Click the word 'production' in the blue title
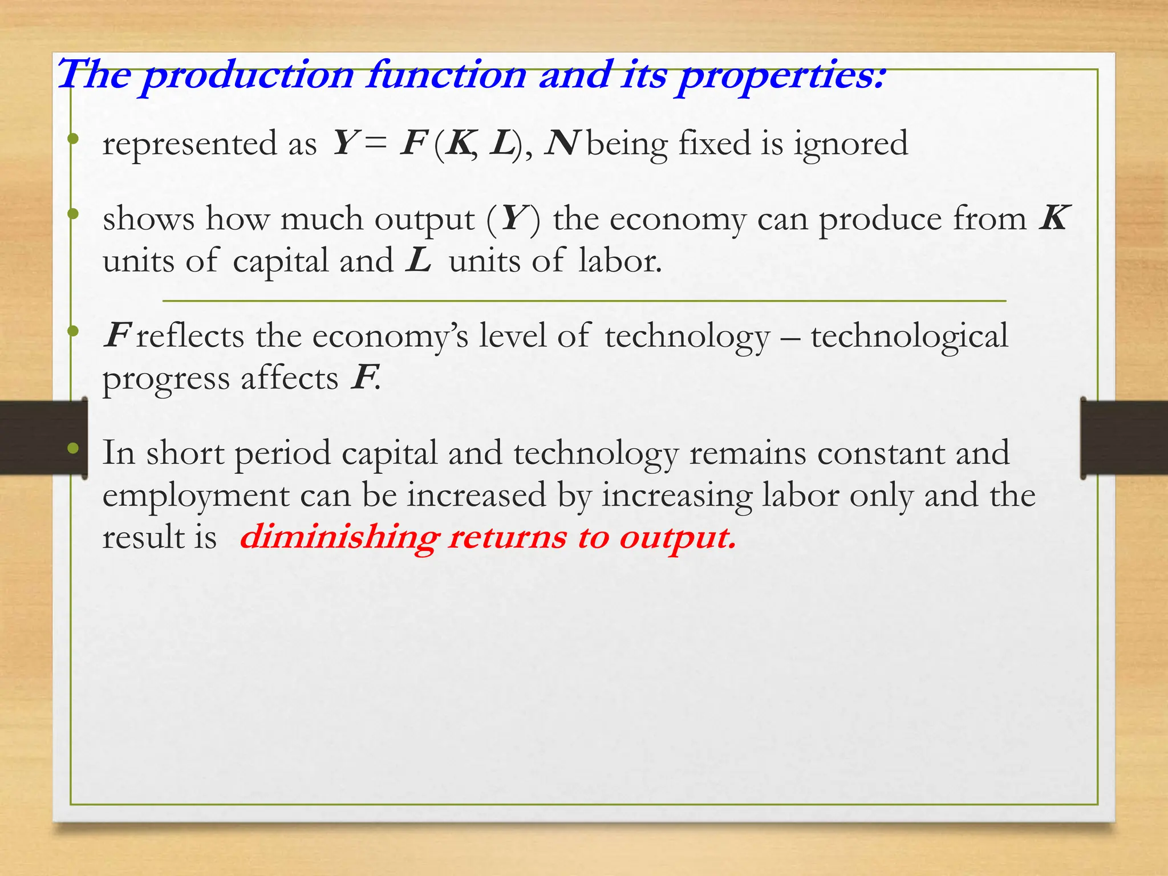pyautogui.click(x=248, y=76)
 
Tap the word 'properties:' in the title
pyautogui.click(x=782, y=76)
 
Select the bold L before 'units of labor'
pyautogui.click(x=419, y=261)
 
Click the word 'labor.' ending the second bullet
pyautogui.click(x=620, y=261)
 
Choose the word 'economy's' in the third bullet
pyautogui.click(x=390, y=336)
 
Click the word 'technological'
pyautogui.click(x=909, y=336)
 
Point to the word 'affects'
pyautogui.click(x=289, y=379)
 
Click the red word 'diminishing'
pyautogui.click(x=340, y=538)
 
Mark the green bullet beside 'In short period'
pyautogui.click(x=72, y=449)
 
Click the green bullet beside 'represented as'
pyautogui.click(x=72, y=139)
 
